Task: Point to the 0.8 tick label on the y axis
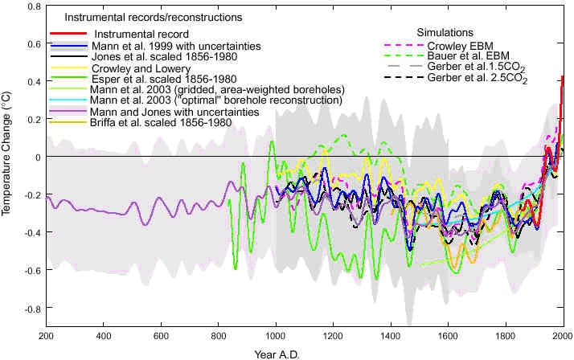[32, 6]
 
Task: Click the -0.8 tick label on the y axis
[31, 309]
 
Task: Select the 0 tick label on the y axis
[37, 157]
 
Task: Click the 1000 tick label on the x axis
[276, 336]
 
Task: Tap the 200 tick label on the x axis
[46, 336]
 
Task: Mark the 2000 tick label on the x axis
[562, 336]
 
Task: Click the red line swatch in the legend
[68, 35]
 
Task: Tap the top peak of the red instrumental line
[562, 77]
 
